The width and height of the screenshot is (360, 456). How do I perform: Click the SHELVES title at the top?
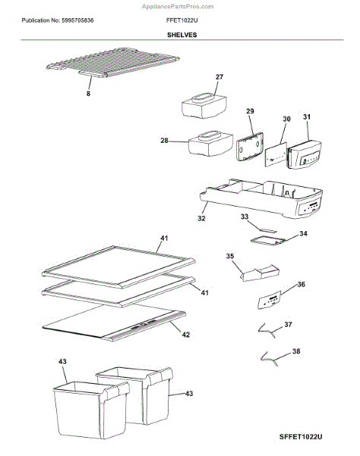tap(180, 36)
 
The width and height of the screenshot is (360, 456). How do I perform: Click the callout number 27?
tap(219, 78)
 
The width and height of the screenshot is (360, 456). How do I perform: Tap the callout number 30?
tap(286, 119)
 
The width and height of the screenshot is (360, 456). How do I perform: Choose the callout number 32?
tap(201, 218)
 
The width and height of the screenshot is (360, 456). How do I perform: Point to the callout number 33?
tap(245, 217)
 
